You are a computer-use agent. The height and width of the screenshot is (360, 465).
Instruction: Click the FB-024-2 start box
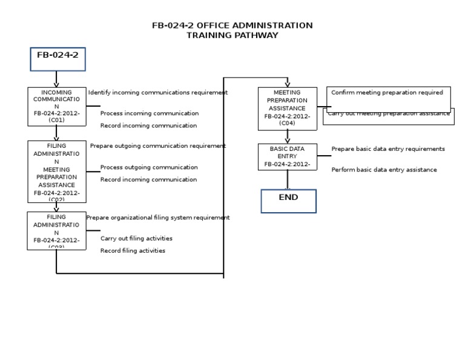click(58, 59)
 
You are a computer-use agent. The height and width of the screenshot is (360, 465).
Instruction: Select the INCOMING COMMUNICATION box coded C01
click(56, 107)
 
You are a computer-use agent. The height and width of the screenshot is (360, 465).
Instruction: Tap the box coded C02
click(56, 172)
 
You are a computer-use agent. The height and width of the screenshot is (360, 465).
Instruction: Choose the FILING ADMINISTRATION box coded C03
click(56, 230)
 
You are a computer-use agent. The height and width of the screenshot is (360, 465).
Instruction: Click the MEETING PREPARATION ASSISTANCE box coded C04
click(287, 108)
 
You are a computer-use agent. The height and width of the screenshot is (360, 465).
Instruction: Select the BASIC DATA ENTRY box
click(287, 156)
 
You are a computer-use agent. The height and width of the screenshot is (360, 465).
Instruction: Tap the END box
click(288, 201)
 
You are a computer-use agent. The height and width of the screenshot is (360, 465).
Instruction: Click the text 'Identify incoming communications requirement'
click(157, 93)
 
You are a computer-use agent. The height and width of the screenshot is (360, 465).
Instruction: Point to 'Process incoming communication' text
click(149, 113)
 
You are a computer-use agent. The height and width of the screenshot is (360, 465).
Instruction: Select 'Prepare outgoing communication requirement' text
click(157, 146)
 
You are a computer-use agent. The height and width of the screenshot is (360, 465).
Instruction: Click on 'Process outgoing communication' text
click(149, 167)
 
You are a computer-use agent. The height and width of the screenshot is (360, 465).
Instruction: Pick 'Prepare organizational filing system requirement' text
click(157, 218)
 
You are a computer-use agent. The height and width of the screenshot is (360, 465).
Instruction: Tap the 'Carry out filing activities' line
click(136, 238)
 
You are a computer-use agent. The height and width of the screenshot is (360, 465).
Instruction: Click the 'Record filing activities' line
click(133, 251)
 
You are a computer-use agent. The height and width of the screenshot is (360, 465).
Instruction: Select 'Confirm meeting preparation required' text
click(387, 93)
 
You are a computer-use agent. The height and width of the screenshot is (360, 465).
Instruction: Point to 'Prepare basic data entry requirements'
click(387, 149)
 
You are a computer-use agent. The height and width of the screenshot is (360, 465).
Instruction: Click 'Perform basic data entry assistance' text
click(384, 170)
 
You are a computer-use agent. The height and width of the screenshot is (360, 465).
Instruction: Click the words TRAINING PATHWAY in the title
click(232, 35)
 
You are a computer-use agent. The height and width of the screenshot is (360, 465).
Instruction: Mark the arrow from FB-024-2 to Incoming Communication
click(56, 79)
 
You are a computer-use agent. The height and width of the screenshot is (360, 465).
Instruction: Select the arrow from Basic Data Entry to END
click(288, 180)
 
